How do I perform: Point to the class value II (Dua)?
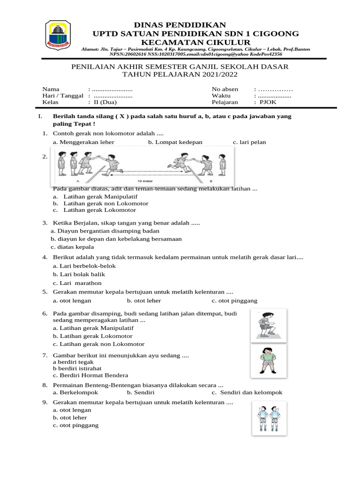pyautogui.click(x=105, y=102)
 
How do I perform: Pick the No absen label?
pyautogui.click(x=225, y=89)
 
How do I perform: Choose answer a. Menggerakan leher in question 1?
pyautogui.click(x=84, y=142)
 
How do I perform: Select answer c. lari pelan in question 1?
pyautogui.click(x=249, y=142)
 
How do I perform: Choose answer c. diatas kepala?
pyautogui.click(x=73, y=247)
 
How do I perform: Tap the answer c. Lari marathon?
pyautogui.click(x=77, y=283)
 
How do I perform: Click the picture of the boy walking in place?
pyautogui.click(x=269, y=324)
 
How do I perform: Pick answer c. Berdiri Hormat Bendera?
pyautogui.click(x=90, y=375)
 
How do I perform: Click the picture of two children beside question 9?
pyautogui.click(x=269, y=418)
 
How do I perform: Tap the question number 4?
pyautogui.click(x=45, y=257)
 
